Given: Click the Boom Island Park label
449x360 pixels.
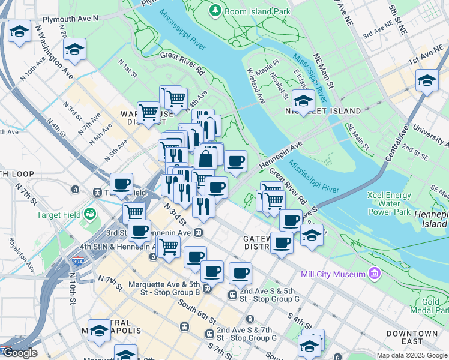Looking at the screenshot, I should [258, 11].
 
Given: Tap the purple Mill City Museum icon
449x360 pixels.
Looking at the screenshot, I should [375, 274].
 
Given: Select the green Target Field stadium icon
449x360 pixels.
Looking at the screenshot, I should [90, 214].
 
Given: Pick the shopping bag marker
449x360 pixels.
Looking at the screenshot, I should [205, 160].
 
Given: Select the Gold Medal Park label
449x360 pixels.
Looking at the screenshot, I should [434, 306].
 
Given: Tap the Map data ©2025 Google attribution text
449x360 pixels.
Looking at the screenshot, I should [412, 355].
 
